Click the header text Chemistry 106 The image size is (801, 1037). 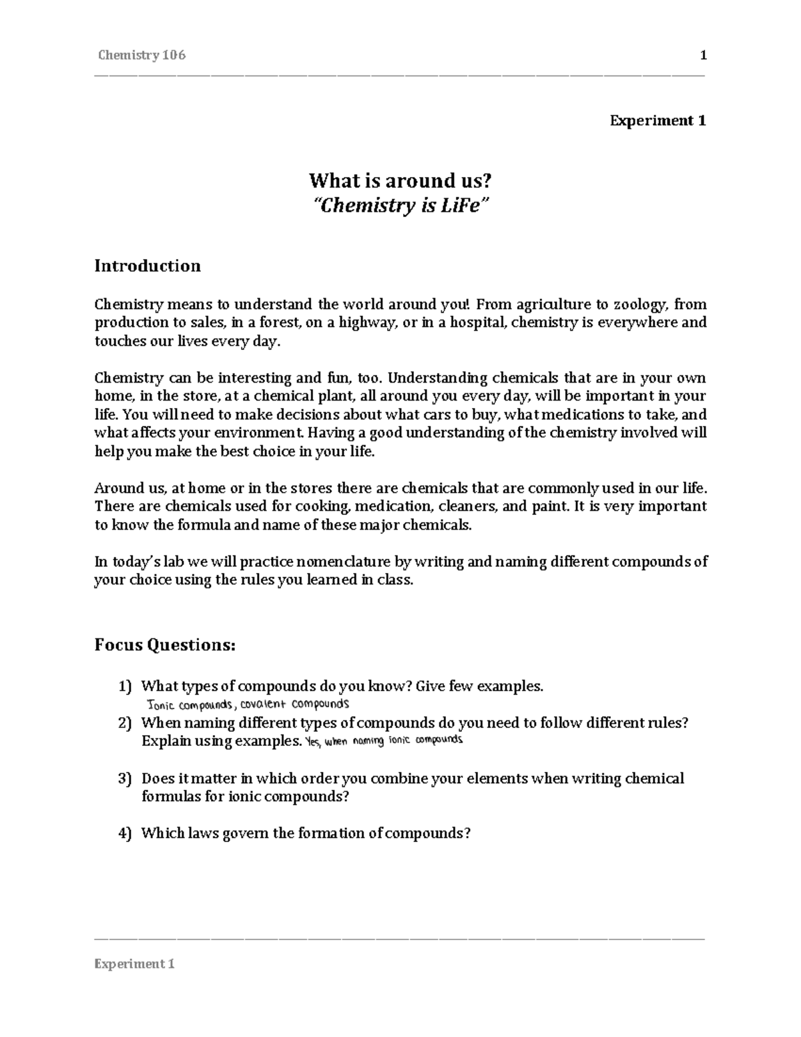pos(141,55)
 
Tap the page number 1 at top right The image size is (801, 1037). pos(703,55)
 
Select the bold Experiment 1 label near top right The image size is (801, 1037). pos(657,121)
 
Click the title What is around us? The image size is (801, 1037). pos(400,181)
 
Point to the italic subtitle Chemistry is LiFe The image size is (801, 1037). pos(400,205)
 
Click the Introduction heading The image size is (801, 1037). pos(148,266)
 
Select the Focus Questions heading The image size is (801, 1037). pos(165,645)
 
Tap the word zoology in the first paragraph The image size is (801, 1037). pos(641,305)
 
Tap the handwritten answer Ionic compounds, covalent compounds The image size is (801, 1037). pos(248,704)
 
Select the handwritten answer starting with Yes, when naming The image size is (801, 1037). pos(383,741)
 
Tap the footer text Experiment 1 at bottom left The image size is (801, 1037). pos(135,964)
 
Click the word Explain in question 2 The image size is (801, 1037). pos(165,741)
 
